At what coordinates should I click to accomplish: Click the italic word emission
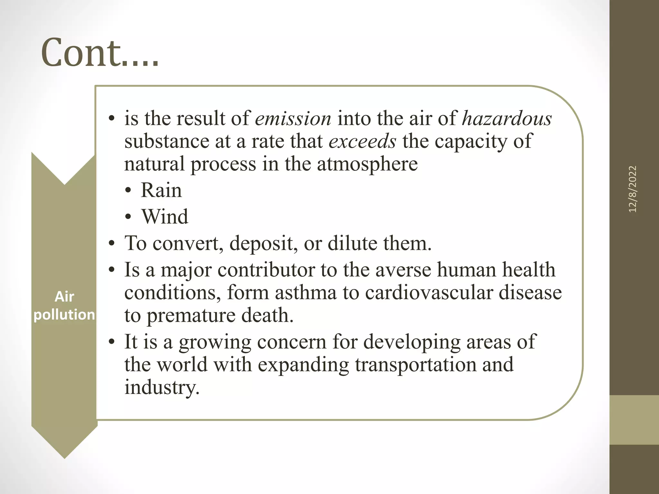tap(293, 119)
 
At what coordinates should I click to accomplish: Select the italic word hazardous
tap(507, 119)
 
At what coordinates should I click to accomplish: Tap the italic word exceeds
tap(362, 142)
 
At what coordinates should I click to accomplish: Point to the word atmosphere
tap(367, 164)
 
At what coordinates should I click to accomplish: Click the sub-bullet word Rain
tap(161, 190)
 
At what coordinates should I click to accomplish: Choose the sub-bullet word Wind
tap(165, 216)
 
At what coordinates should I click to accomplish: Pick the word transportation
tap(415, 365)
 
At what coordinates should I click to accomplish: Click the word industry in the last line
tap(162, 388)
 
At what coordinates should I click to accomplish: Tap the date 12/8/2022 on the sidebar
tap(632, 189)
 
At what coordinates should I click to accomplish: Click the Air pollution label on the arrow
tap(64, 306)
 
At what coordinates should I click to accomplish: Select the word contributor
tap(266, 270)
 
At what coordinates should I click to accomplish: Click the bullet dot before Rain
tap(128, 191)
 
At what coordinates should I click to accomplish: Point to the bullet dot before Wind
tap(128, 217)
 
